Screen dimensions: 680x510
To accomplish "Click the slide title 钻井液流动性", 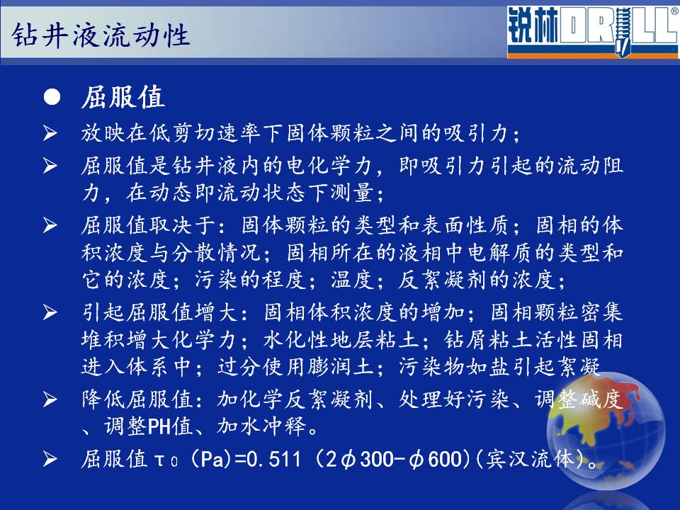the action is coord(101,35).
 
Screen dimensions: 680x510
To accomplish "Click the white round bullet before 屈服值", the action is coord(52,97).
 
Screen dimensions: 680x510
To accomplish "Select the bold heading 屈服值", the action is coord(123,97).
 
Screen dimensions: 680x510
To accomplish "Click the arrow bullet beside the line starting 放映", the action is coord(50,132).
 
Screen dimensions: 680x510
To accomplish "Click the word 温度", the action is coord(352,279).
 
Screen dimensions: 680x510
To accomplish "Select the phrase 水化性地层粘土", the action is coord(341,339).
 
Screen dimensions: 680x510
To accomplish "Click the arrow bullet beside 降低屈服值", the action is coord(50,399).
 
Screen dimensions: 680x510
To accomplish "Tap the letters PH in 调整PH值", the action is coord(159,426).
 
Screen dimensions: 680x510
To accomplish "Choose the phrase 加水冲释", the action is coord(261,426).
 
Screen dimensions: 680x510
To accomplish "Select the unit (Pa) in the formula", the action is coord(211,459).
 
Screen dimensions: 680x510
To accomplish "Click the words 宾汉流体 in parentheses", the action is coord(530,459).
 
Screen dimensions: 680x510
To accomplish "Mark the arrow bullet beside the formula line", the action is coord(50,459).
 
